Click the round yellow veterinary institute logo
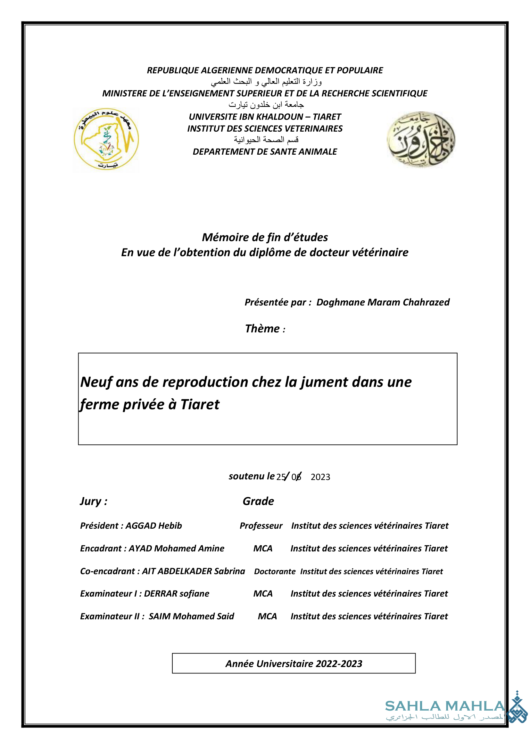[x=106, y=139]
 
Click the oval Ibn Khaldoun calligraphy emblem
[x=421, y=139]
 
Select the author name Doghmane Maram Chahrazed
[x=383, y=302]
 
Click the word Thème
[x=262, y=329]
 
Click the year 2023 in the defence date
[x=320, y=477]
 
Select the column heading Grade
[x=258, y=501]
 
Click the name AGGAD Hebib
[x=154, y=526]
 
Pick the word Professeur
[x=261, y=526]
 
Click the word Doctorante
[x=275, y=572]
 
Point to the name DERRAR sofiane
[x=177, y=594]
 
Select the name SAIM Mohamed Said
[x=191, y=616]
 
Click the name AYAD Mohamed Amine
[x=176, y=548]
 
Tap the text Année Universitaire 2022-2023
[x=294, y=664]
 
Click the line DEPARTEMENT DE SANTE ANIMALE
[x=265, y=152]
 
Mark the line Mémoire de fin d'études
[x=265, y=238]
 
